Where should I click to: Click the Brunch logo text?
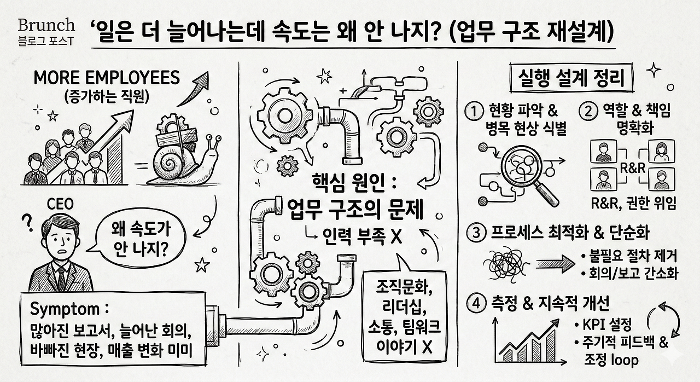[46, 25]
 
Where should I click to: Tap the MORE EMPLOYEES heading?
[106, 78]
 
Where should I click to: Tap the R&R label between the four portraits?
[633, 167]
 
